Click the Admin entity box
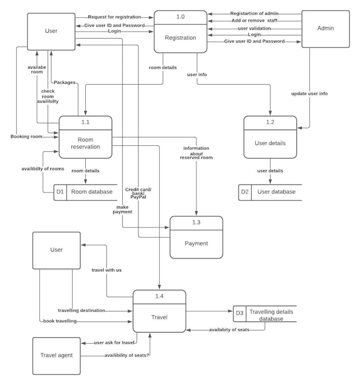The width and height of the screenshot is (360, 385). click(325, 29)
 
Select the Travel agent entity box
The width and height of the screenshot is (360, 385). click(56, 355)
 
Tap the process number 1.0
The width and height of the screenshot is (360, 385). click(181, 17)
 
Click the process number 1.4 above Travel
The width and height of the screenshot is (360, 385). click(159, 296)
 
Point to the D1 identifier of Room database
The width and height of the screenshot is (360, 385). click(60, 191)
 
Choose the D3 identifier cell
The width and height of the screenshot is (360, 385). click(239, 314)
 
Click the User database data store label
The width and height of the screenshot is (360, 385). click(276, 191)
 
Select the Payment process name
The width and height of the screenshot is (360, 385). click(196, 243)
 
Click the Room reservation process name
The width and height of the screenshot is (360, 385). click(85, 143)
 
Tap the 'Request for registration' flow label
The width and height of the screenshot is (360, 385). click(114, 17)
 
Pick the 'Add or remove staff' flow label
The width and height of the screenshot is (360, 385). click(254, 21)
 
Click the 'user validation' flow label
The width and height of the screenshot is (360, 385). click(254, 28)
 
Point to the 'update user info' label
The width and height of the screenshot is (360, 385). click(309, 94)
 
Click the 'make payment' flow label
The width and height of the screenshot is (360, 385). click(122, 209)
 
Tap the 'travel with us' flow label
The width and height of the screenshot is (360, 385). click(106, 270)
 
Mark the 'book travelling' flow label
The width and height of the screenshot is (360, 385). click(60, 321)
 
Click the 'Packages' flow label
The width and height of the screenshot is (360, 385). click(65, 82)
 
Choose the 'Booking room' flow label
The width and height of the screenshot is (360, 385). click(26, 136)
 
